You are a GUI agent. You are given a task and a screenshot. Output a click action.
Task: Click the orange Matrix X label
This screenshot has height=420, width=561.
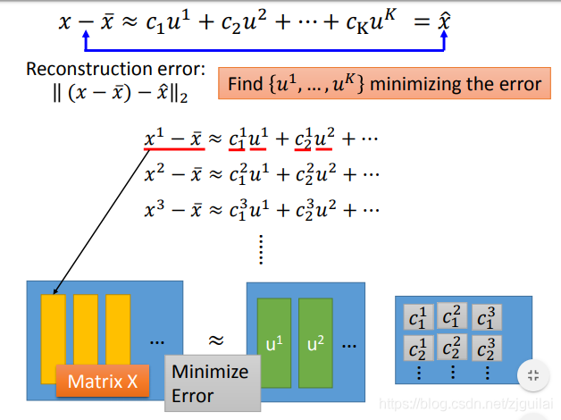[x=103, y=382]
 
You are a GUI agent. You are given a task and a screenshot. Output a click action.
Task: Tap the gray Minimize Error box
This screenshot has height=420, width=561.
[x=212, y=383]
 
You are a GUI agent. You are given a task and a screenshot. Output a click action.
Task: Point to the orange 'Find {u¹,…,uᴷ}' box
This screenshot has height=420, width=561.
[x=385, y=85]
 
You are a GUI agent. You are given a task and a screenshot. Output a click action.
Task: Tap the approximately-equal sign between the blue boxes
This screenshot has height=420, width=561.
[x=215, y=340]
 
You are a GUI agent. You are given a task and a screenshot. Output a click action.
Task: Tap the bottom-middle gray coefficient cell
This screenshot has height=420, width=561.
[x=453, y=347]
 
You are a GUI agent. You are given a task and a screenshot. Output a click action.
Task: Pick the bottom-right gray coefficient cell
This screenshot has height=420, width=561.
[x=487, y=347]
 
